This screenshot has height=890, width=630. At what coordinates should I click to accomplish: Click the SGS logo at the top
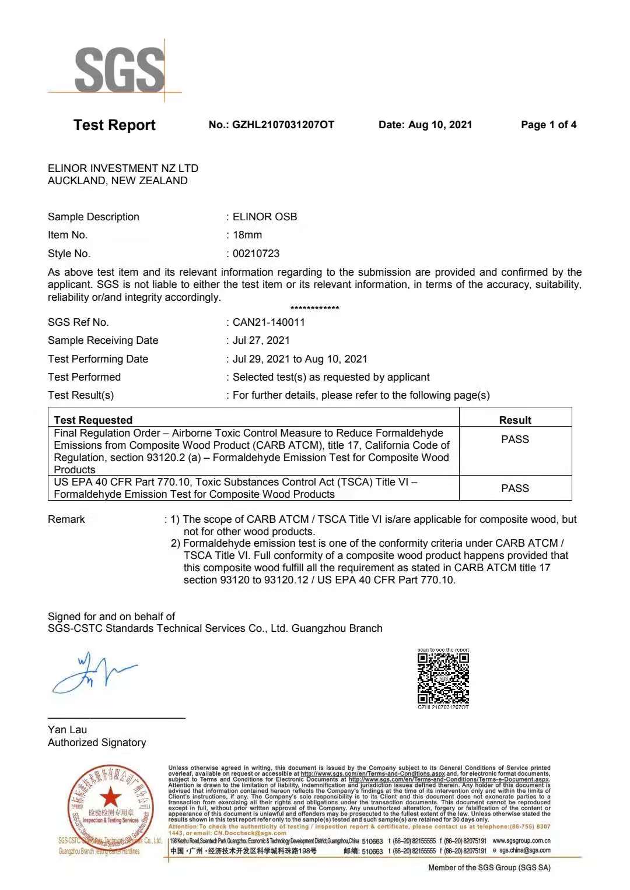[x=120, y=69]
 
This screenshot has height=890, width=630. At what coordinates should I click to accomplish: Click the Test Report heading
[x=114, y=125]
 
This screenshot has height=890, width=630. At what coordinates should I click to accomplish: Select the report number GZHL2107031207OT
[x=283, y=125]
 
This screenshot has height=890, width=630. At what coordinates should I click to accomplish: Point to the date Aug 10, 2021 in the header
[x=440, y=125]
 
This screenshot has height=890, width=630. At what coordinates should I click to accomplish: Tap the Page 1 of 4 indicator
[x=548, y=125]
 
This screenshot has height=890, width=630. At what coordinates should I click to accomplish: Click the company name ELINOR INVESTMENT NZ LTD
[x=123, y=168]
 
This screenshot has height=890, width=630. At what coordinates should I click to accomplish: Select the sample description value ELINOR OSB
[x=265, y=217]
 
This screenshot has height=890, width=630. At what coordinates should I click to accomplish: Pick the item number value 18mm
[x=247, y=235]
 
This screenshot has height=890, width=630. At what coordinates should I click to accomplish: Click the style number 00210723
[x=256, y=254]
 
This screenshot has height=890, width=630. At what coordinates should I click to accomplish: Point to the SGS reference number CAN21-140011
[x=268, y=322]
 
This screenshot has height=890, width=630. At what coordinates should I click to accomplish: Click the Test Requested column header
[x=93, y=420]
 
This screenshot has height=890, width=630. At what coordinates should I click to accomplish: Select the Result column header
[x=515, y=420]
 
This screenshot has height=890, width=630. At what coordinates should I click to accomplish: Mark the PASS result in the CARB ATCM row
[x=515, y=439]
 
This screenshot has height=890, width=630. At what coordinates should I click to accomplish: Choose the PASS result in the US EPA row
[x=515, y=488]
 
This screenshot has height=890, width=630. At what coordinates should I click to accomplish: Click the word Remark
[x=66, y=519]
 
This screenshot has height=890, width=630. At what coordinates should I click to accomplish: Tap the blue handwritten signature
[x=93, y=674]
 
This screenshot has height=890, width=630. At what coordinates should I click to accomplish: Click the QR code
[x=443, y=678]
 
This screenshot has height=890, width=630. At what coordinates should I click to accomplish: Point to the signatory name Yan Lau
[x=67, y=730]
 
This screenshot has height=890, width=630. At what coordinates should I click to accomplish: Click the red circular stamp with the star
[x=110, y=804]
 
